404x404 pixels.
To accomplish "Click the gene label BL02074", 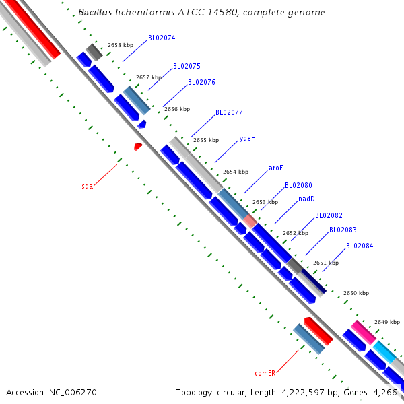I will tap(162, 38).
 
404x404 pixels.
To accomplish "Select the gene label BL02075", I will tap(187, 67).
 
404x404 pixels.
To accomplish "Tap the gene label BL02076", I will tap(201, 82).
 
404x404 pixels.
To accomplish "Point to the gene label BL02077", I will tap(229, 113).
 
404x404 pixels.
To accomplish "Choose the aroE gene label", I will tap(275, 168).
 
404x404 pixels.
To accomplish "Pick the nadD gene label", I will tap(306, 199).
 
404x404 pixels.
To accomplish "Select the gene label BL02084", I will tap(360, 246).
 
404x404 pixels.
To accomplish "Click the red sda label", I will tap(88, 186).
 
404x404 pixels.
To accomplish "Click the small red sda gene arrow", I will tap(138, 146).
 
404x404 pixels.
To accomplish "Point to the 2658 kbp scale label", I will tap(121, 45).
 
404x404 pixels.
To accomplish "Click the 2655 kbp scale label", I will tap(206, 141).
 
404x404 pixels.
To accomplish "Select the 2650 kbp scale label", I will tap(356, 294).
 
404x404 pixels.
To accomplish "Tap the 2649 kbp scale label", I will tap(387, 322).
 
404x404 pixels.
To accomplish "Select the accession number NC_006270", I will tap(72, 392).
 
